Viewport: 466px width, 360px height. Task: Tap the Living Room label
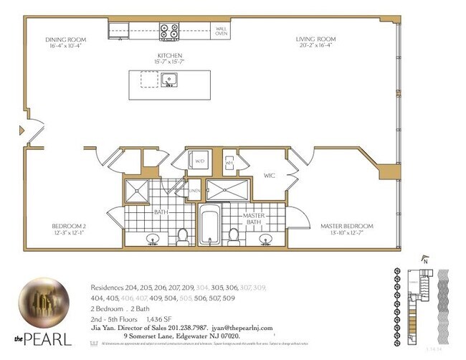pos(316,39)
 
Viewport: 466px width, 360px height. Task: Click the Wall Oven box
pos(222,31)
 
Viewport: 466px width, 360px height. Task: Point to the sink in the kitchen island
pos(170,79)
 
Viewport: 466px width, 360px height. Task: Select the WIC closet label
pos(270,174)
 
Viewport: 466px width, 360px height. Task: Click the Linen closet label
pos(194,190)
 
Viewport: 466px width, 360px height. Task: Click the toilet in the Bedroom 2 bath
pos(183,234)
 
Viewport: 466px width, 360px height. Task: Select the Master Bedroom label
pos(347,227)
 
